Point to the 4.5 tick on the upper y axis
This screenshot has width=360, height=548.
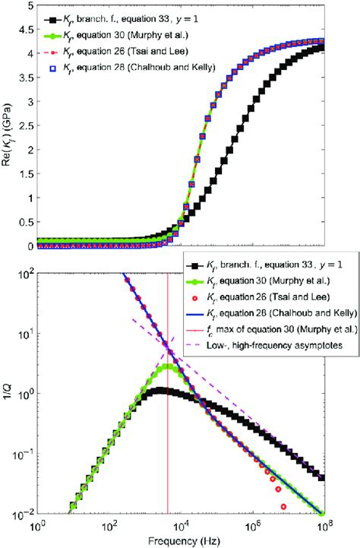click(x=27, y=31)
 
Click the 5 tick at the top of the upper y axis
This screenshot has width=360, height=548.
click(x=30, y=7)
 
